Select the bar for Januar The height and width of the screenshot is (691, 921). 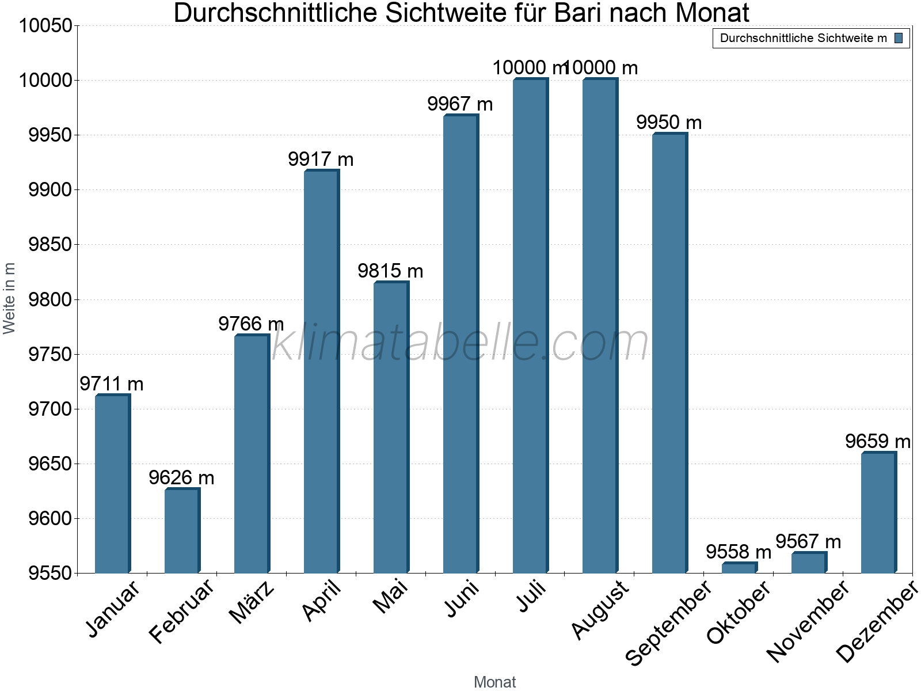pos(112,484)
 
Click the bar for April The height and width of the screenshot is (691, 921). pos(321,371)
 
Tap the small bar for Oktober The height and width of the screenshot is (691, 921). pos(739,568)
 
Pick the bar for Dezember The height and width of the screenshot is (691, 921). pos(878,512)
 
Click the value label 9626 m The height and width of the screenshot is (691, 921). pos(181,477)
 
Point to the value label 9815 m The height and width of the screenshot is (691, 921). pos(390,271)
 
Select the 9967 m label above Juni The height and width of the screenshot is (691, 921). pos(460,104)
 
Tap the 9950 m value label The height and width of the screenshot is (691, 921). pos(669,123)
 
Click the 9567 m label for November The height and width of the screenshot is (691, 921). pos(808,542)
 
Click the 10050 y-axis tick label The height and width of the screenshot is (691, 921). pos(45,26)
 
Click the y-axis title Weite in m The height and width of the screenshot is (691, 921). pos(9,298)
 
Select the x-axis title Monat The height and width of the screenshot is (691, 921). pos(494,682)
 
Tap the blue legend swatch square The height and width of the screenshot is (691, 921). pos(899,38)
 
